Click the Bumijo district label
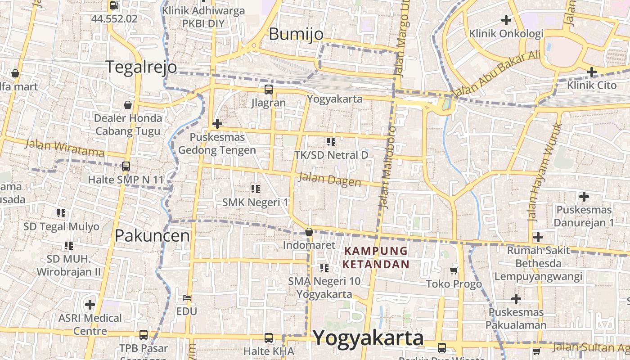[296, 34]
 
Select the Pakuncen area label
[152, 235]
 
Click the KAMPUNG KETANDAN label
[376, 257]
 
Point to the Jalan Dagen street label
[330, 180]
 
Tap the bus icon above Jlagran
[269, 89]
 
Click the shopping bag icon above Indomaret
[309, 232]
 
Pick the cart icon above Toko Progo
[454, 270]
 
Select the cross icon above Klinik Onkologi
[506, 20]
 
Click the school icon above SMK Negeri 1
[256, 189]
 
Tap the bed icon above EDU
[187, 298]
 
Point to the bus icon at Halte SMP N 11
[126, 166]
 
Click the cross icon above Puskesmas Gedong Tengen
[217, 123]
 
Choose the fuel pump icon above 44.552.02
[114, 5]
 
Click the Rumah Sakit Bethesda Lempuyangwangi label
[539, 263]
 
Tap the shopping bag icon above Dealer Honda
[128, 105]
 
